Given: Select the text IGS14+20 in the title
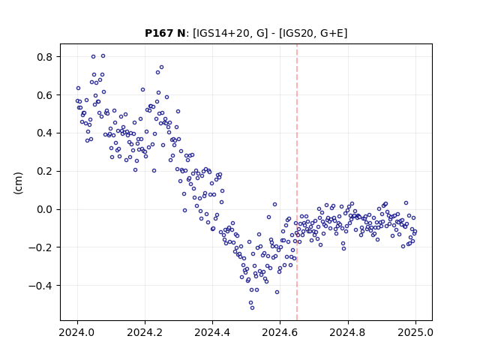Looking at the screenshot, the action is click(x=222, y=33).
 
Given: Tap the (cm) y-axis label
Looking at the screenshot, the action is click(x=18, y=183).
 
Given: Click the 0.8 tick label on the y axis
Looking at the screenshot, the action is click(x=45, y=57).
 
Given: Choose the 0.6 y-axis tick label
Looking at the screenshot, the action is click(x=45, y=95).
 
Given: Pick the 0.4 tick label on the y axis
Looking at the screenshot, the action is click(x=45, y=133).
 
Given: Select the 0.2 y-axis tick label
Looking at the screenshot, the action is click(x=45, y=172).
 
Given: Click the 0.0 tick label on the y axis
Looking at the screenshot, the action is click(x=45, y=209).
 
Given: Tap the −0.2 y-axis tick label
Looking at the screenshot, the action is click(x=40, y=247).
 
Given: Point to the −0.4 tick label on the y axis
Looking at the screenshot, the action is click(x=40, y=286).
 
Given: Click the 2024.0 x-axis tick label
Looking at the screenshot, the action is click(x=77, y=332).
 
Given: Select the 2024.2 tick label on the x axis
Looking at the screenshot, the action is click(x=145, y=332).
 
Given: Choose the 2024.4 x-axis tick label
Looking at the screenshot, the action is click(x=212, y=332).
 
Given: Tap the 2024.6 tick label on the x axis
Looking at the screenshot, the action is click(x=280, y=332).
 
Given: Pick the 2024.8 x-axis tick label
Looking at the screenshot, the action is click(x=348, y=332).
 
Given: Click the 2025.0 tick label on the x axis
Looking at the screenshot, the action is click(x=415, y=332).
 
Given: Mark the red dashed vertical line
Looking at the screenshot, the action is click(x=297, y=182).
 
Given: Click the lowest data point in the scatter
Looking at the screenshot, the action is click(x=252, y=307).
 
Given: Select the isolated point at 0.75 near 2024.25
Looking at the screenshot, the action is click(x=162, y=67).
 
